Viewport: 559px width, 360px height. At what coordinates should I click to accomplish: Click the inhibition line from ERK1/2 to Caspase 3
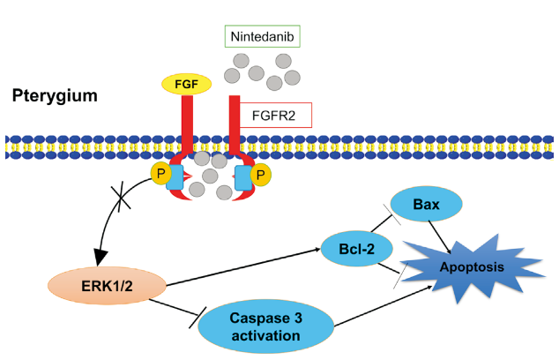180,308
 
